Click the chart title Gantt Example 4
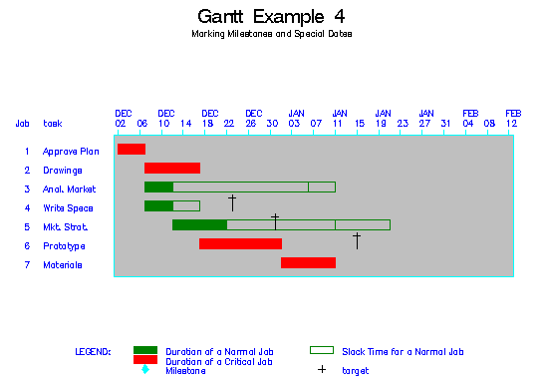click(x=272, y=17)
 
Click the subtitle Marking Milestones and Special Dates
click(x=272, y=34)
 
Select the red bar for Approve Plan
click(x=131, y=150)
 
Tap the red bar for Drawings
click(x=172, y=169)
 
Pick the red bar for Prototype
click(x=240, y=244)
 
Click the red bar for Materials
click(x=308, y=263)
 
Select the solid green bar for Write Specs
click(x=158, y=206)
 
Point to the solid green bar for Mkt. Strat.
click(x=199, y=225)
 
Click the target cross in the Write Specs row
click(x=231, y=202)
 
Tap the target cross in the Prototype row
click(x=356, y=240)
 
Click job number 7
click(x=27, y=265)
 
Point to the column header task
click(x=52, y=124)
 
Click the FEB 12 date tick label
click(x=512, y=118)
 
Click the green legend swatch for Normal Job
click(x=145, y=351)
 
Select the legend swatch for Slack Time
click(x=321, y=351)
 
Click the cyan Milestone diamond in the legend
click(x=145, y=370)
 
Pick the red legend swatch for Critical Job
click(x=145, y=360)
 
